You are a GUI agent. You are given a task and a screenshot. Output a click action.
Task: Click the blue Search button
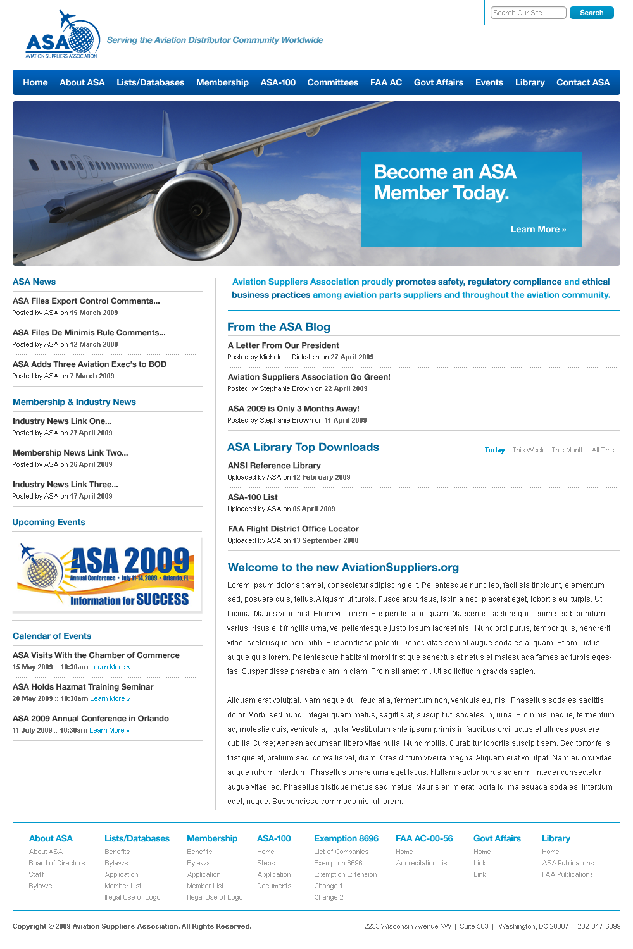591,13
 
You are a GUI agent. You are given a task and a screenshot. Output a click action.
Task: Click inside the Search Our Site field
528,13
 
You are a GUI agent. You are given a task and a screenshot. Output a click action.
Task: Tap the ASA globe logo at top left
63,35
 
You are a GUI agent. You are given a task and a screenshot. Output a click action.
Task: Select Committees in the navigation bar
332,82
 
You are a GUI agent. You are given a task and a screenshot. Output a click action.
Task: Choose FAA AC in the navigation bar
386,82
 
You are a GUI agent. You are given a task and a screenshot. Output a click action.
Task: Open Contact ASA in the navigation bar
583,82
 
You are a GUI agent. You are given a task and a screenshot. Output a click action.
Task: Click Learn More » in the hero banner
538,229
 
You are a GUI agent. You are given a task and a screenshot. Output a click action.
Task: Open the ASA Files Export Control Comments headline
86,301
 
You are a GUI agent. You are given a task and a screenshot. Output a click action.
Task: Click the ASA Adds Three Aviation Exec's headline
89,364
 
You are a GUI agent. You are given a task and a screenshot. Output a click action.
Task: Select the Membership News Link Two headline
70,453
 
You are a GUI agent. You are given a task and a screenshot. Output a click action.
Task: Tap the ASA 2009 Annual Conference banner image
107,574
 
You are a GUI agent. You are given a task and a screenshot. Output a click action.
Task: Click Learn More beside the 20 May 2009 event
110,699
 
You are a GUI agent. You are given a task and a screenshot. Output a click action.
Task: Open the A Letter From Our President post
283,345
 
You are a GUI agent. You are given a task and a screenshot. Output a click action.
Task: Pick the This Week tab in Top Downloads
528,450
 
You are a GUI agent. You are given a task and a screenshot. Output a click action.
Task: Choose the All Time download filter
603,450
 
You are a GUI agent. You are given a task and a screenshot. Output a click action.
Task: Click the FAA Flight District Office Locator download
293,529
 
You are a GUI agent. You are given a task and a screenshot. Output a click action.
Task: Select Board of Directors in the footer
56,863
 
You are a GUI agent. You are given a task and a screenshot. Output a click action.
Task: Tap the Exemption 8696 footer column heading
346,838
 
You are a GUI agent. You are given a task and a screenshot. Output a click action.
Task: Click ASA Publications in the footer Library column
568,863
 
